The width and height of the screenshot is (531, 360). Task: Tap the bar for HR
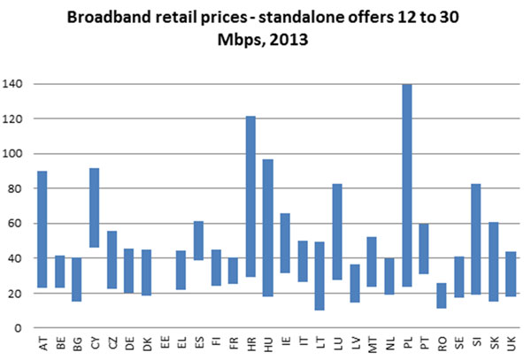click(x=250, y=196)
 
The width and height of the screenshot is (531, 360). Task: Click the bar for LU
click(x=337, y=232)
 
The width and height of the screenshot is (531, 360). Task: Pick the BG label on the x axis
click(x=77, y=341)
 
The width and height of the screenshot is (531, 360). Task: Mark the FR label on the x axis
click(x=233, y=341)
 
